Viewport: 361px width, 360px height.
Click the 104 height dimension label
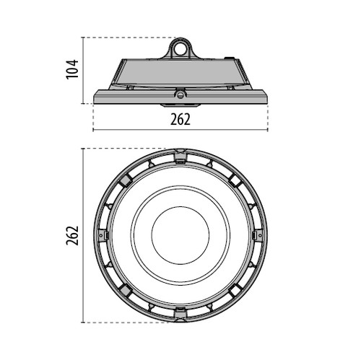coord(72,69)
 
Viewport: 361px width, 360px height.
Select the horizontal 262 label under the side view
coord(180,119)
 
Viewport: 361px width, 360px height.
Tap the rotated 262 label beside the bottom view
coord(72,235)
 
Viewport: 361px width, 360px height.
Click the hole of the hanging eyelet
coord(180,50)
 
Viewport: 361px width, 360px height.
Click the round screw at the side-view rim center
coord(179,95)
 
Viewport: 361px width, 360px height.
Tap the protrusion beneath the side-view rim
coord(180,105)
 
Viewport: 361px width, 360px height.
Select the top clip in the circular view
coord(180,157)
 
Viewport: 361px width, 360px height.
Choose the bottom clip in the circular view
coord(180,314)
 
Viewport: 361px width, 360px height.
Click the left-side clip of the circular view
coord(103,235)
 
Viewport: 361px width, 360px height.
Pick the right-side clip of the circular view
coord(257,235)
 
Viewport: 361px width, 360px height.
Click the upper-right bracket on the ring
coord(235,180)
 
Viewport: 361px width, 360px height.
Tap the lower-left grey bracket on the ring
coord(126,290)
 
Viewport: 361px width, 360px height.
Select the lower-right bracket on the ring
coord(235,290)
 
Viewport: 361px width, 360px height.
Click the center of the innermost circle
coord(180,235)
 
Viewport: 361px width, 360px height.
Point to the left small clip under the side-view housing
coord(130,88)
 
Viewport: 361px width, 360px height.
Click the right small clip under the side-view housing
coord(230,88)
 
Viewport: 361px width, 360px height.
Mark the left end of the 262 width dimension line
coord(93,130)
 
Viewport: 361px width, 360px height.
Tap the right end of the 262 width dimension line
coord(268,130)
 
